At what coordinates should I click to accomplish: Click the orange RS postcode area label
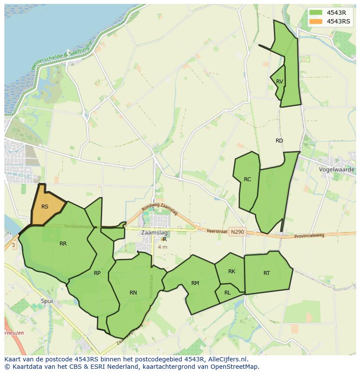pyautogui.click(x=45, y=207)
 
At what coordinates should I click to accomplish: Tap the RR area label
pyautogui.click(x=63, y=244)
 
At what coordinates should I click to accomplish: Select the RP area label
pyautogui.click(x=97, y=273)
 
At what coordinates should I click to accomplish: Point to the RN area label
pyautogui.click(x=133, y=293)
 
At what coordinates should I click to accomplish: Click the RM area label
pyautogui.click(x=195, y=283)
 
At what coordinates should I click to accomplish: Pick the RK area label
pyautogui.click(x=232, y=271)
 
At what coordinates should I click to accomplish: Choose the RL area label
pyautogui.click(x=227, y=293)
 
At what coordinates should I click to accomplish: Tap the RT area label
pyautogui.click(x=267, y=273)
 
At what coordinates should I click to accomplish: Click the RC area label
pyautogui.click(x=247, y=179)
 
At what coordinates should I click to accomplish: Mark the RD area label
pyautogui.click(x=279, y=141)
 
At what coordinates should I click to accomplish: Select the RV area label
pyautogui.click(x=280, y=82)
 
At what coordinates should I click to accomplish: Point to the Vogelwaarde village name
pyautogui.click(x=337, y=169)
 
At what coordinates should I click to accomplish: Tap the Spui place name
pyautogui.click(x=47, y=301)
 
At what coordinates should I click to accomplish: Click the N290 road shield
pyautogui.click(x=237, y=232)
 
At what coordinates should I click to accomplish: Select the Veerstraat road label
pyautogui.click(x=217, y=232)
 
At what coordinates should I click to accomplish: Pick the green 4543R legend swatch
pyautogui.click(x=316, y=12)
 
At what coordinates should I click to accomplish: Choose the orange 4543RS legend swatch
pyautogui.click(x=316, y=21)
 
